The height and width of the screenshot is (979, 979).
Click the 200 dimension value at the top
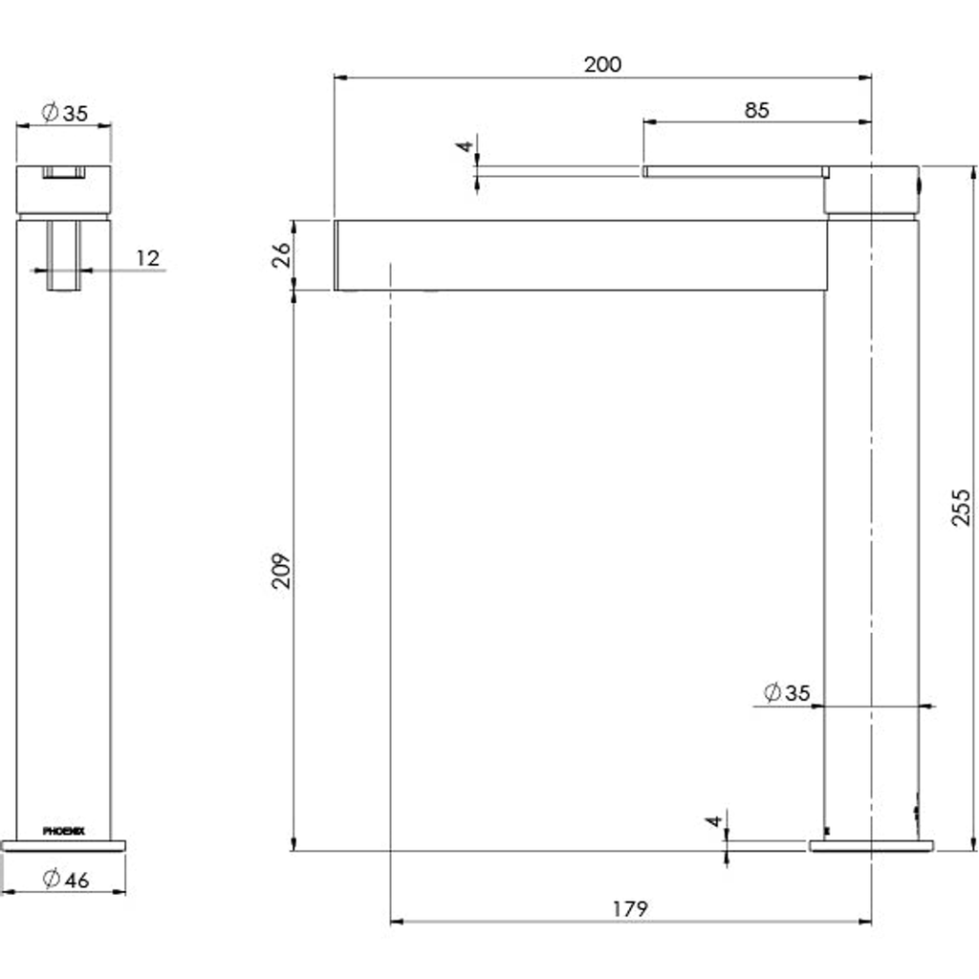[x=602, y=64]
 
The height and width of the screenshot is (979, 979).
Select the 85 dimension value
[x=757, y=111]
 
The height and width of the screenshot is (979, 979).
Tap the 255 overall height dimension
[x=962, y=507]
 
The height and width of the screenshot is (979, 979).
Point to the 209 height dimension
[x=282, y=570]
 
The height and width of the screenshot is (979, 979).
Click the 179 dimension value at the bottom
[x=630, y=908]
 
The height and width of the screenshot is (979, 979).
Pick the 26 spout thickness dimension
[x=282, y=254]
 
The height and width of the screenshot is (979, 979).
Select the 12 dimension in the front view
[x=148, y=258]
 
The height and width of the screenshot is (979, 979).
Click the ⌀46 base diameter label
[x=66, y=880]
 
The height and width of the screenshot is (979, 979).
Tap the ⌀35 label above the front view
[x=65, y=113]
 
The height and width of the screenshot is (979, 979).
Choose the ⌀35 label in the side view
[x=787, y=692]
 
